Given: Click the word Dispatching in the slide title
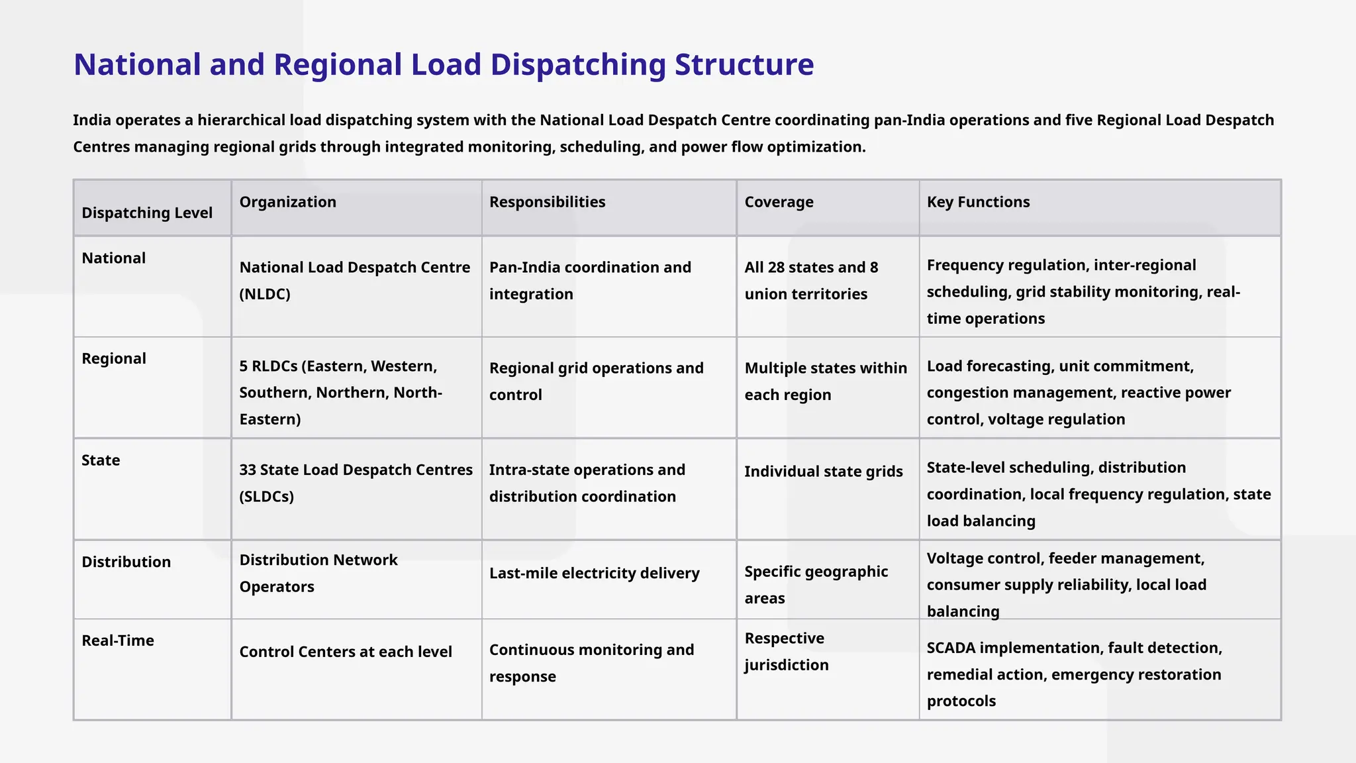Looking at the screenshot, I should [x=577, y=65].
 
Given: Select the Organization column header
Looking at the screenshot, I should [x=287, y=202].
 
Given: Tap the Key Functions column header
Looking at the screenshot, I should [x=978, y=202].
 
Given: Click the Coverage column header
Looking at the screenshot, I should [x=779, y=202].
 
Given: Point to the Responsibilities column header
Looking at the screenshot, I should [x=547, y=202].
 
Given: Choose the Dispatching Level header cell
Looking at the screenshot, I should [x=147, y=213].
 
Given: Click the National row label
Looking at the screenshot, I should [x=113, y=258].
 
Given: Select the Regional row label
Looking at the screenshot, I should [x=114, y=358].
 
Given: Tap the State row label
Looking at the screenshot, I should [x=101, y=460].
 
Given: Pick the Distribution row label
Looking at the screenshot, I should [x=126, y=562].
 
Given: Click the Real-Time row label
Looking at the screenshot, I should [x=118, y=640].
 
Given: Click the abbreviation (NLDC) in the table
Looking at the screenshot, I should [x=265, y=294].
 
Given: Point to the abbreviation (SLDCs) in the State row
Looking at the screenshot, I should [x=266, y=497].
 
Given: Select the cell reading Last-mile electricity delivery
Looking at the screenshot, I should [x=594, y=573].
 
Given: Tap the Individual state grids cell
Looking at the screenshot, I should [x=823, y=472].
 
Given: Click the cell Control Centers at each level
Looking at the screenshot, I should [x=345, y=652].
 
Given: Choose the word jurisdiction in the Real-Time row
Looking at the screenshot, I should [x=786, y=665].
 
